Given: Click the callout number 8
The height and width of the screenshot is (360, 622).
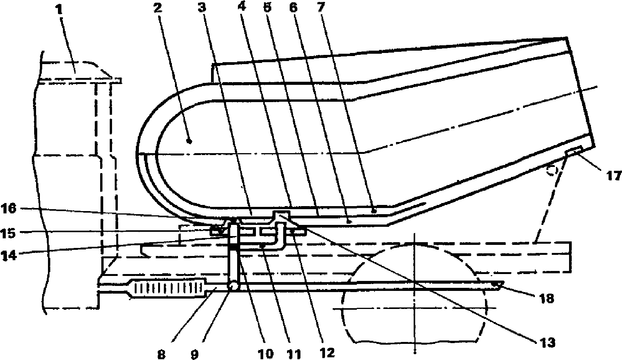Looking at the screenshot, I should [161, 354].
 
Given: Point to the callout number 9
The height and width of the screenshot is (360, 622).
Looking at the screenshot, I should [195, 354].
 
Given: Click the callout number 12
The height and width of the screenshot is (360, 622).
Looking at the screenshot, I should [330, 352].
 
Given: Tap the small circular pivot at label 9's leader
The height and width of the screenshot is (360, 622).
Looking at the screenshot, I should [233, 286].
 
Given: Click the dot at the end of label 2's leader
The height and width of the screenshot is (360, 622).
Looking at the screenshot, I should [190, 142].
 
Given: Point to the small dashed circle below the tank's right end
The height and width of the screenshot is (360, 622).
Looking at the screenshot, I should [552, 170].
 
